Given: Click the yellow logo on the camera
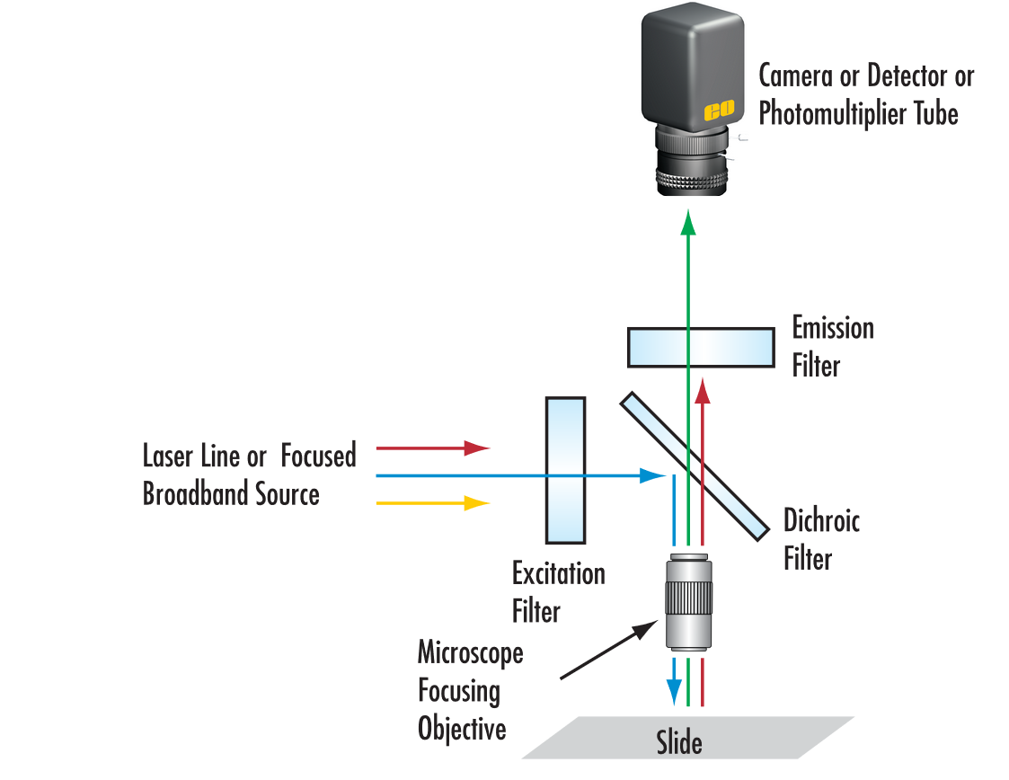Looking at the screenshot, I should coord(719,111).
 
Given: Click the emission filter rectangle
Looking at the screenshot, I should coord(701,348).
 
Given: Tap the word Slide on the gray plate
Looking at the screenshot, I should coord(678,743).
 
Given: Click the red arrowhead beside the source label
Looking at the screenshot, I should coord(477,447).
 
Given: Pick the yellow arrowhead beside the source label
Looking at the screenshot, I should coord(477,503).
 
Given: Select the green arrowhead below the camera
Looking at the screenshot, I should coord(688,221).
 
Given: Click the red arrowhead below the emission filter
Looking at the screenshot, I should coord(704,389).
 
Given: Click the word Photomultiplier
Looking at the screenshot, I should coord(841,114).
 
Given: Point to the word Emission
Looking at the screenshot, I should coord(833,328).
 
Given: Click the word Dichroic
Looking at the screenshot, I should coord(821,520).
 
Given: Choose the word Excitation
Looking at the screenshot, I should coord(558,573).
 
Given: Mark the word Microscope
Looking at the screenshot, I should coord(470,652).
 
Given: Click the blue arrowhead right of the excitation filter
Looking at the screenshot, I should coord(651,475).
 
